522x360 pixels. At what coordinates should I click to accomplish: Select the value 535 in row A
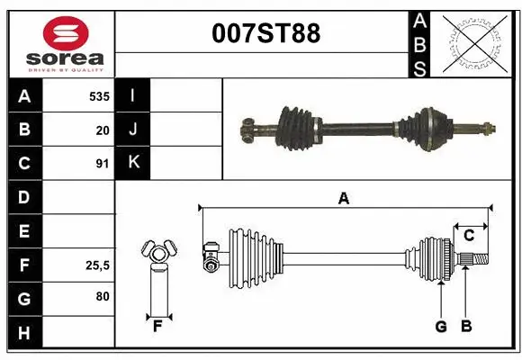pos(99,95)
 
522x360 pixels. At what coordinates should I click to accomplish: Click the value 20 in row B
pos(103,130)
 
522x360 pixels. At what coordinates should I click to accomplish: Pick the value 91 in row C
pos(102,164)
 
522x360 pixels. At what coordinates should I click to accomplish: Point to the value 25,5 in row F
pos(97,265)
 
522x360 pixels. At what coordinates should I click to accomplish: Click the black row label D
pos(24,197)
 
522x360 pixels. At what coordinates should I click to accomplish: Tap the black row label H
pos(24,333)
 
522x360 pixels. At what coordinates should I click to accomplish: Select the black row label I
pos(133,95)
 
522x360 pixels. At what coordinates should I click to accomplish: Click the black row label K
pos(133,164)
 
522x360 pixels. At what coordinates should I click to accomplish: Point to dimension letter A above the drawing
pos(343,199)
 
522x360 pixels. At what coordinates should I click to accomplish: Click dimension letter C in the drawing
pos(468,236)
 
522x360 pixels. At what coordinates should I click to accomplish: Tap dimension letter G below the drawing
pos(441,326)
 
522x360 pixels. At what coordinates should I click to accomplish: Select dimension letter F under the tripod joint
pos(157,326)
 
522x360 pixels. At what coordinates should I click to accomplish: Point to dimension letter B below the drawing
pos(465,326)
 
